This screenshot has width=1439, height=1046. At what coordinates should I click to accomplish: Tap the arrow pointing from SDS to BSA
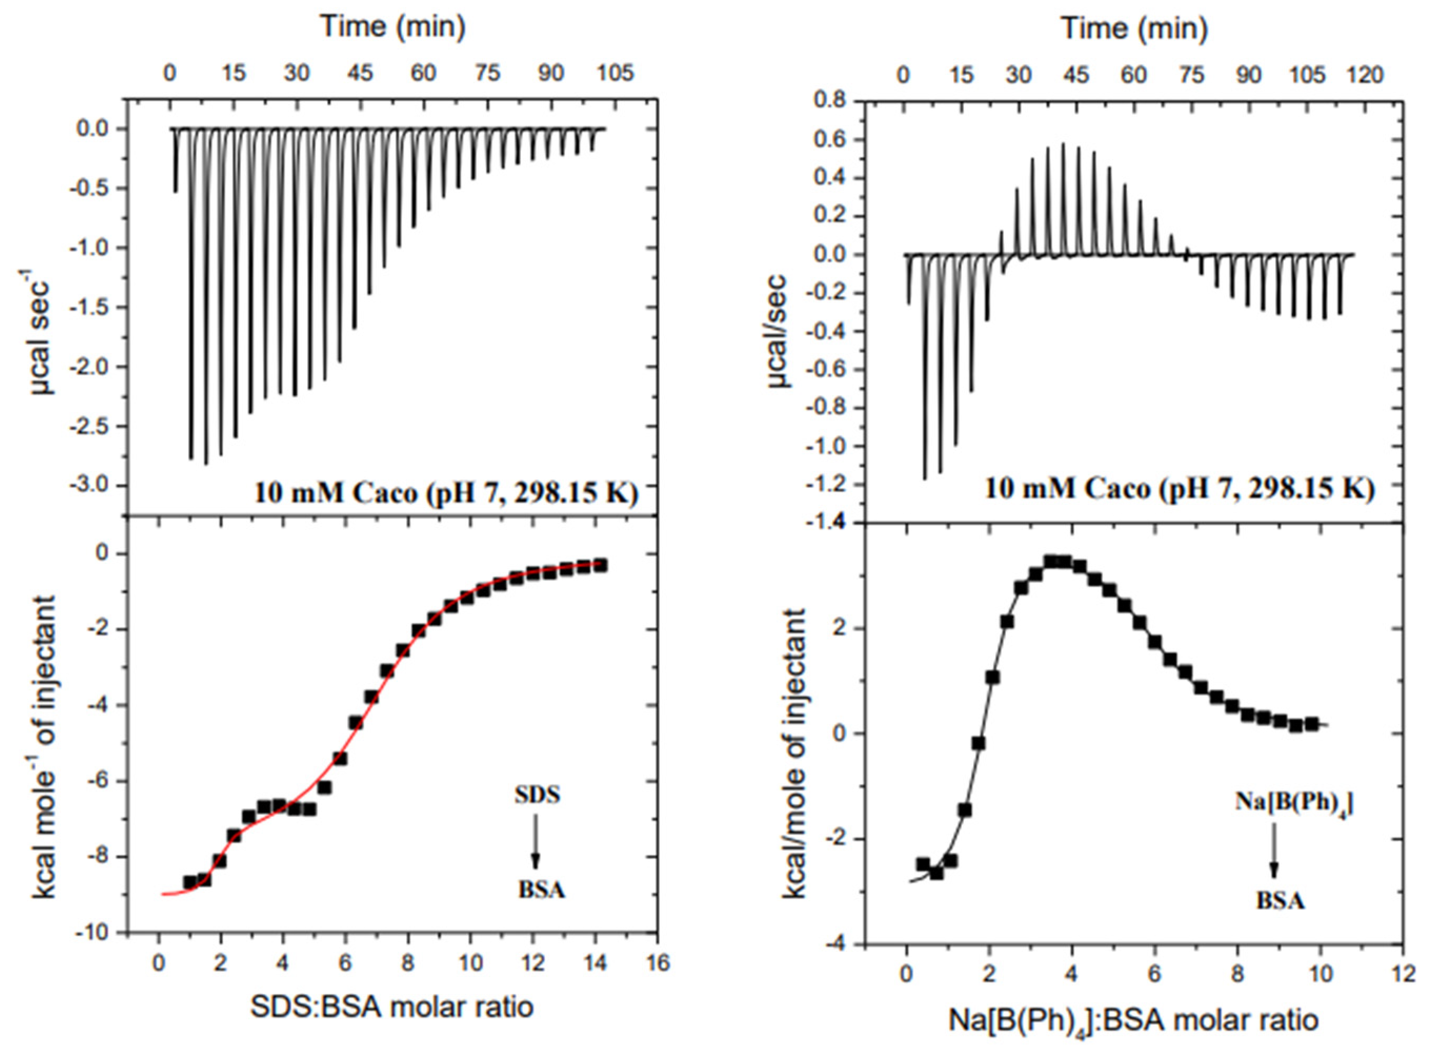pyautogui.click(x=536, y=841)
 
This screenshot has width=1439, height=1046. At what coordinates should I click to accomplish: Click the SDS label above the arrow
pyautogui.click(x=537, y=795)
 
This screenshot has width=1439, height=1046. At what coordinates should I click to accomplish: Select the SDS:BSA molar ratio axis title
pyautogui.click(x=392, y=1007)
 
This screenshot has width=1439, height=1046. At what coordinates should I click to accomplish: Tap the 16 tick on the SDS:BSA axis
pyautogui.click(x=658, y=963)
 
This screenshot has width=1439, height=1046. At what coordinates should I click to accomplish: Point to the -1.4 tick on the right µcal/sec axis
pyautogui.click(x=827, y=522)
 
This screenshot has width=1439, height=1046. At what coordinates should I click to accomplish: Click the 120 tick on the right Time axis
pyautogui.click(x=1365, y=75)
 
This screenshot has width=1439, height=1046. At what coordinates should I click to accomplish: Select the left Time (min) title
pyautogui.click(x=394, y=27)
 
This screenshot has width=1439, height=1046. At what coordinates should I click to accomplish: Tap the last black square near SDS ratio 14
pyautogui.click(x=600, y=565)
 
